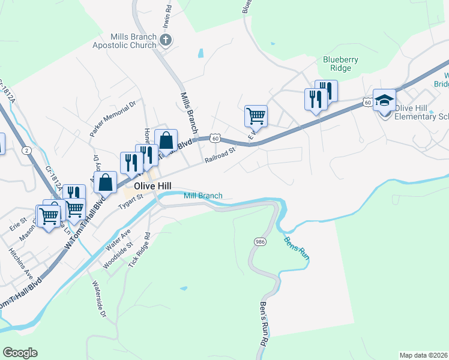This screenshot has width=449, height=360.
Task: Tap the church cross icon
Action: tap(166, 40)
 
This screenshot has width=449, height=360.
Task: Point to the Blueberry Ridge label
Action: tap(341, 64)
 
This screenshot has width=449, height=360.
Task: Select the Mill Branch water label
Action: tap(203, 196)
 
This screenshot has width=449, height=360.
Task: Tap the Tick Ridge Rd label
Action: tap(137, 251)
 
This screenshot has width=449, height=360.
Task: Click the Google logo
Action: tap(20, 353)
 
